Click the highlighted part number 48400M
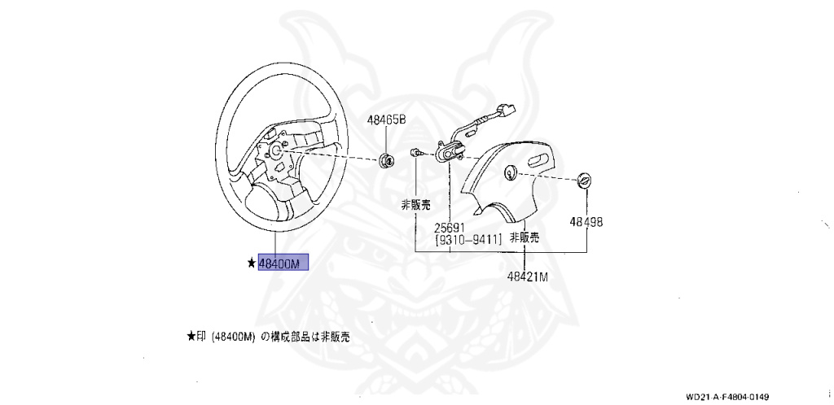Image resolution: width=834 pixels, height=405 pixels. [283, 263]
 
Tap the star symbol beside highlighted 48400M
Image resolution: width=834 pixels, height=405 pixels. [252, 263]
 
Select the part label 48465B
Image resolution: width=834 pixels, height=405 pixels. [385, 120]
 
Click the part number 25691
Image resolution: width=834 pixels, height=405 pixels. [449, 228]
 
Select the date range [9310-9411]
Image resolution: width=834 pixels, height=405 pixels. [468, 240]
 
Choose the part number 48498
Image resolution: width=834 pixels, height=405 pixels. [586, 221]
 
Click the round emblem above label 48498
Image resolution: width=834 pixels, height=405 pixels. [584, 181]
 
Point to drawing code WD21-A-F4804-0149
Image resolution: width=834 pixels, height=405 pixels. [727, 397]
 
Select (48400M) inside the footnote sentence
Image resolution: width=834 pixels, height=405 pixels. [234, 336]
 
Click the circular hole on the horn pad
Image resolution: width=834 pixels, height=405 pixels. [511, 172]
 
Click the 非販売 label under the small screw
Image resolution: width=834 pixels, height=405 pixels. [415, 206]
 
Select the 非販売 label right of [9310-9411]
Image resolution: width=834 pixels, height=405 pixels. [525, 238]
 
